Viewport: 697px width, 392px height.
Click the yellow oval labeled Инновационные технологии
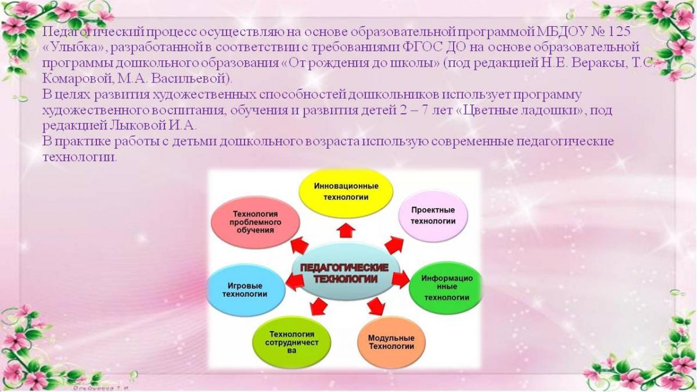point(346,193)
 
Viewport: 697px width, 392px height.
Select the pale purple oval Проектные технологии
point(433,216)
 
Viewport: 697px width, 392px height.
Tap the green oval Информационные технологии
point(446,288)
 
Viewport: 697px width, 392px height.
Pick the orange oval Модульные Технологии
point(391,343)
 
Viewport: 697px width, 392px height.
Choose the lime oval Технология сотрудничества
point(292,342)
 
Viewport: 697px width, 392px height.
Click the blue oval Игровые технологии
point(246,290)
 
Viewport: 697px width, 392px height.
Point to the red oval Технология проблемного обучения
point(256,222)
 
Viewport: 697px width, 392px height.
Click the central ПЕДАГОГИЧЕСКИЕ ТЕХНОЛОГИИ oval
point(346,272)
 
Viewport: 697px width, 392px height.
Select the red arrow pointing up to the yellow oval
point(346,230)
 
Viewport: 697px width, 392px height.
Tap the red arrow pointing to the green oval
point(400,279)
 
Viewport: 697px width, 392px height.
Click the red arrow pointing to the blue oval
point(294,282)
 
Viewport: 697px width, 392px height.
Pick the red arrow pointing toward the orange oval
point(375,306)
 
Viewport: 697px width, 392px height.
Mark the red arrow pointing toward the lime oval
point(318,307)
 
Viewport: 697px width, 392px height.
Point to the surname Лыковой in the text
point(138,126)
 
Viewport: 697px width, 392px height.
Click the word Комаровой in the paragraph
point(78,79)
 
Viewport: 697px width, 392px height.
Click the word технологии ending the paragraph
point(80,157)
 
